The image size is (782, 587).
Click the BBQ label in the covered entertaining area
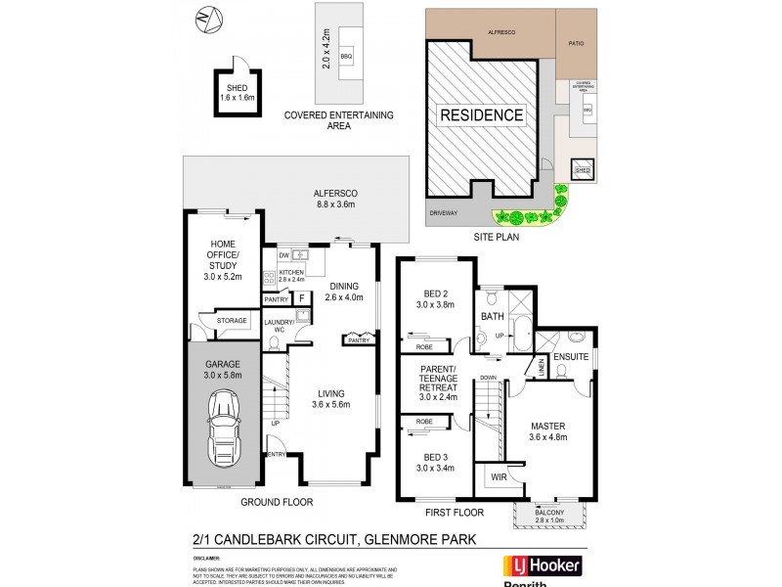[x=346, y=57]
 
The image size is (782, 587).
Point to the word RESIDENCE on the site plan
[x=481, y=114]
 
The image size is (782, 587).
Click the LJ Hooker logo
[x=542, y=566]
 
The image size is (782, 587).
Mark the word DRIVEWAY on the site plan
[x=443, y=212]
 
